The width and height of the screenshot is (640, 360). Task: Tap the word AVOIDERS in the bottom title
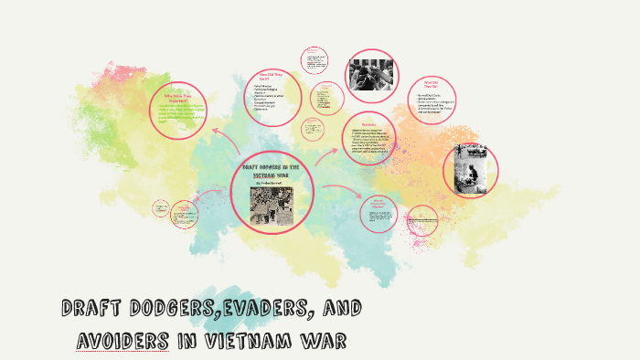click(x=123, y=342)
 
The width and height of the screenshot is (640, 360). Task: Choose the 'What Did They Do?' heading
click(x=432, y=83)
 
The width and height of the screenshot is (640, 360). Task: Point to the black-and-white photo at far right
click(x=470, y=169)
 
